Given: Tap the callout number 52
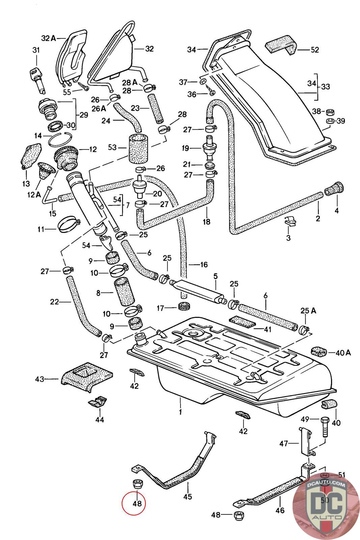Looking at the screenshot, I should click(x=315, y=50).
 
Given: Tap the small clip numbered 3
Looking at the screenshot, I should click(x=290, y=221).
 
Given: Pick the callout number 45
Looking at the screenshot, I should click(x=188, y=496).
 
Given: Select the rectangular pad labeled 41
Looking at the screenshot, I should click(x=241, y=322).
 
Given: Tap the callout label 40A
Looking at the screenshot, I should click(x=344, y=353).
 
